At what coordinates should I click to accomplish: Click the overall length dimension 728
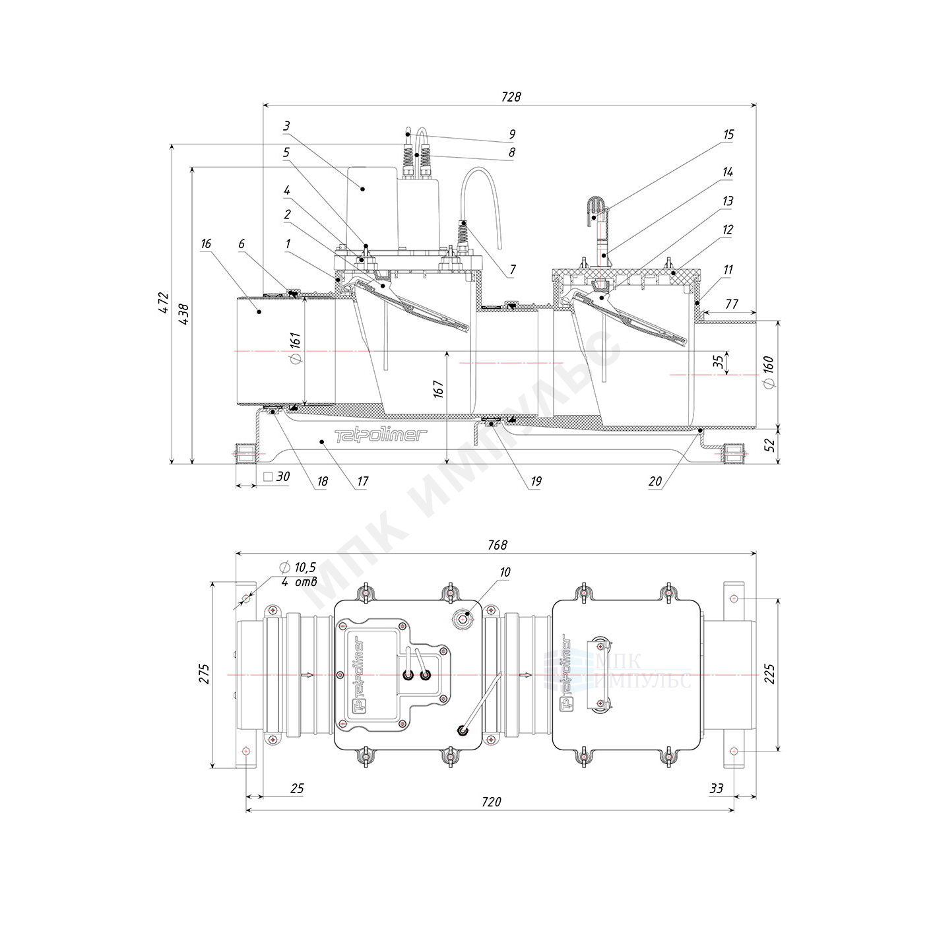pyautogui.click(x=511, y=97)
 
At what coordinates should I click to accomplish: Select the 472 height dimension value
pyautogui.click(x=164, y=303)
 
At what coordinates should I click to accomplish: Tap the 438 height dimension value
pyautogui.click(x=184, y=314)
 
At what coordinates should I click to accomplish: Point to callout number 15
pyautogui.click(x=728, y=134)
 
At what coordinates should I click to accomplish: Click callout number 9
pyautogui.click(x=512, y=134)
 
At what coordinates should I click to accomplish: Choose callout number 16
pyautogui.click(x=207, y=243)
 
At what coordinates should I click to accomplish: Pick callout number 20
pyautogui.click(x=655, y=481)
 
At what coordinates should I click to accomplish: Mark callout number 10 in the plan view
pyautogui.click(x=505, y=572)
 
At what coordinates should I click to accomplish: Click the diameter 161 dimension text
pyautogui.click(x=295, y=348)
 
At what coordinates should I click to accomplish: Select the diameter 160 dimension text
pyautogui.click(x=768, y=372)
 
